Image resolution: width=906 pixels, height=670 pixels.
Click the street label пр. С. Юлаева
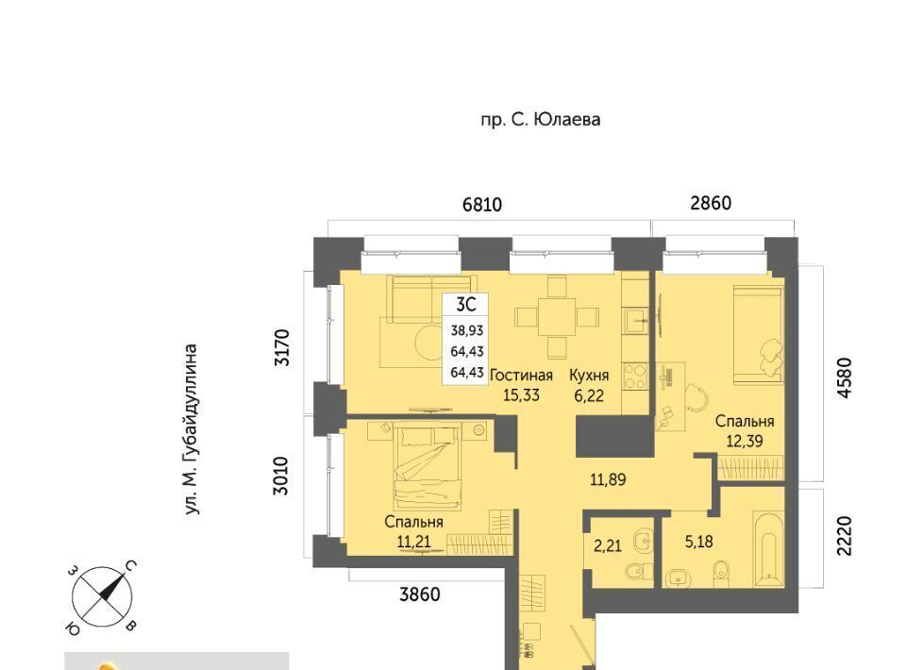coord(540,120)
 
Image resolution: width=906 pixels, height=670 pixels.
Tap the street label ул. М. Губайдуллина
coord(192,429)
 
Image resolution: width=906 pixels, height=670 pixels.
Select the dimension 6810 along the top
coord(482,205)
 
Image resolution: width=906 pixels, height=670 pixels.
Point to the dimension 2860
coord(711,203)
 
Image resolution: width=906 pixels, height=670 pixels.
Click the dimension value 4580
coord(844,378)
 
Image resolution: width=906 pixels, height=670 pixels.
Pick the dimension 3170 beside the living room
coord(282,347)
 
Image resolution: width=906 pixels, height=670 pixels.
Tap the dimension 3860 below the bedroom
coord(420,594)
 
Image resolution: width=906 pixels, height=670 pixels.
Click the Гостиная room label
coord(521,376)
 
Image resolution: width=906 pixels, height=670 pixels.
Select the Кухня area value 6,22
coord(589,395)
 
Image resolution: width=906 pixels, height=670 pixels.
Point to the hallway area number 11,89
coord(608,479)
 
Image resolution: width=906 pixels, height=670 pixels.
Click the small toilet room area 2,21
coord(608,545)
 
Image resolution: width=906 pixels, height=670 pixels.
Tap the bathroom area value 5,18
coord(698,542)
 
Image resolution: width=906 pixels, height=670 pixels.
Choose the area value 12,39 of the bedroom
coord(745,442)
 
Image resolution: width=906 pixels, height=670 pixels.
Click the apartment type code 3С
coord(465,305)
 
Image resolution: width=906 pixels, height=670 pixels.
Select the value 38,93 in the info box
coord(467,331)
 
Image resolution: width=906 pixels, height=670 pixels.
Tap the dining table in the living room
coord(557,316)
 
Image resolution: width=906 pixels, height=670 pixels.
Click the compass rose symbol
coord(102,597)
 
